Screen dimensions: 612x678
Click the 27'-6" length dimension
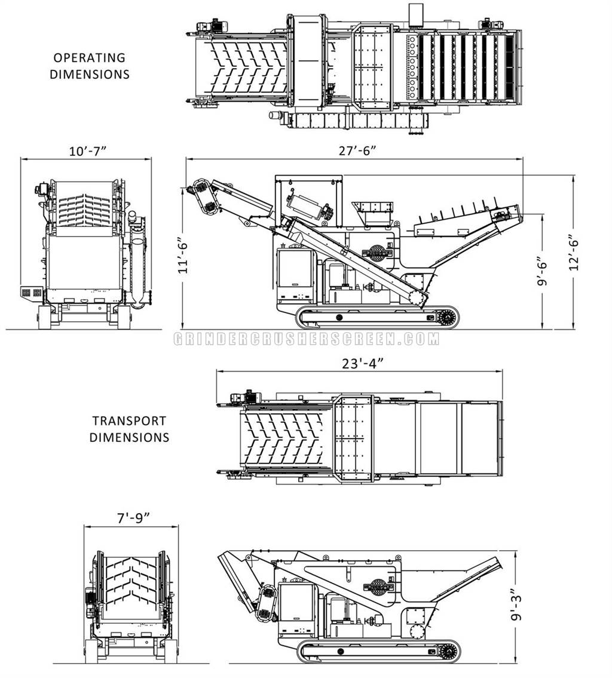[357, 151]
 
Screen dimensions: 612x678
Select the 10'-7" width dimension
[88, 151]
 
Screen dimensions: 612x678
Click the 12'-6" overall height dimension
[574, 253]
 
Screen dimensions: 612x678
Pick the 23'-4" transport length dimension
[363, 364]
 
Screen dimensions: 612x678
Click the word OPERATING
[90, 57]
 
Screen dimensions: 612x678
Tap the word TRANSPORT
[129, 421]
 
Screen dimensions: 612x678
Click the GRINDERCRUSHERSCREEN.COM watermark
[306, 339]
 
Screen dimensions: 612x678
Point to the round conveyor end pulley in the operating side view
[417, 298]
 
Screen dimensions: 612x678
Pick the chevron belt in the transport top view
[283, 438]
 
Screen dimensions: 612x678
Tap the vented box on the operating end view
[32, 292]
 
